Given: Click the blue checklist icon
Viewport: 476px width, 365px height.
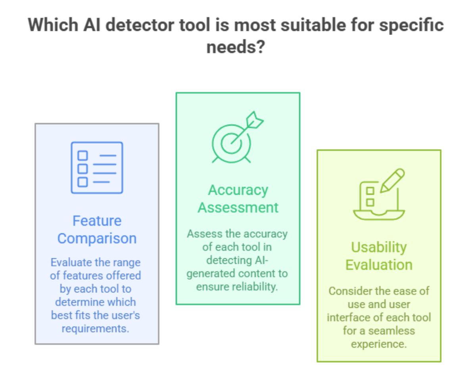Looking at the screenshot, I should pyautogui.click(x=97, y=167).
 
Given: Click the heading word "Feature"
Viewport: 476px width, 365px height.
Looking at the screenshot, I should pyautogui.click(x=97, y=221).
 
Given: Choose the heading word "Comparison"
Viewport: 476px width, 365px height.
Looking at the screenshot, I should pyautogui.click(x=97, y=238).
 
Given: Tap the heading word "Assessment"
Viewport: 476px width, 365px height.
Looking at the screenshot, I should pyautogui.click(x=238, y=207).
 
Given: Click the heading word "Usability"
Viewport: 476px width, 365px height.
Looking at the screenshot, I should pyautogui.click(x=378, y=247).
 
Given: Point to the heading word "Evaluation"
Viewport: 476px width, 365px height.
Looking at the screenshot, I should pyautogui.click(x=378, y=264).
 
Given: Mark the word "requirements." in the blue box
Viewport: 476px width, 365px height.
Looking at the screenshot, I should pyautogui.click(x=97, y=329).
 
